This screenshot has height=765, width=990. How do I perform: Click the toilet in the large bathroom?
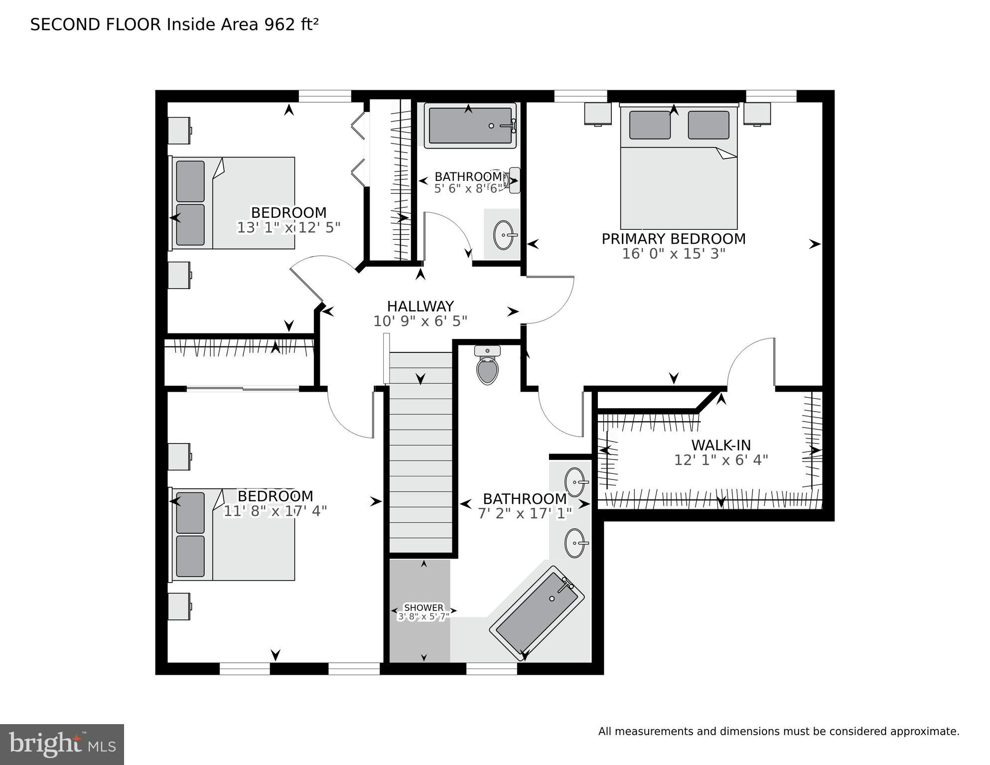tap(487, 368)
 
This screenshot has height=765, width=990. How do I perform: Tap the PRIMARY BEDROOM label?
tap(673, 239)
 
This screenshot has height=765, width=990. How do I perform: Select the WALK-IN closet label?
tap(720, 445)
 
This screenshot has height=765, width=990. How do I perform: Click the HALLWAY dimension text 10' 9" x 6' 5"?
tap(420, 321)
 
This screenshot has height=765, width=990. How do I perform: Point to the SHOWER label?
tap(424, 608)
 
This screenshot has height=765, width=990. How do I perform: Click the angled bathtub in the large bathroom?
tap(537, 614)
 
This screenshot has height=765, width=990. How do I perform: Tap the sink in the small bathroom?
tap(504, 234)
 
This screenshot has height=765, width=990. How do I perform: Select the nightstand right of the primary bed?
tap(757, 114)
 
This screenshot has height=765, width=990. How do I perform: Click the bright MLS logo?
tap(62, 745)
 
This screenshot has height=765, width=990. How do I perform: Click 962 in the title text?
tap(280, 24)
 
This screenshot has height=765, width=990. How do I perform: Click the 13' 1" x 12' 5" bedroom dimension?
tap(288, 228)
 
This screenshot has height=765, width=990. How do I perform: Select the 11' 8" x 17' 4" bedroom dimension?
tap(275, 511)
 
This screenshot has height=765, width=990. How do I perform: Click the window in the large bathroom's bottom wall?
tap(491, 669)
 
